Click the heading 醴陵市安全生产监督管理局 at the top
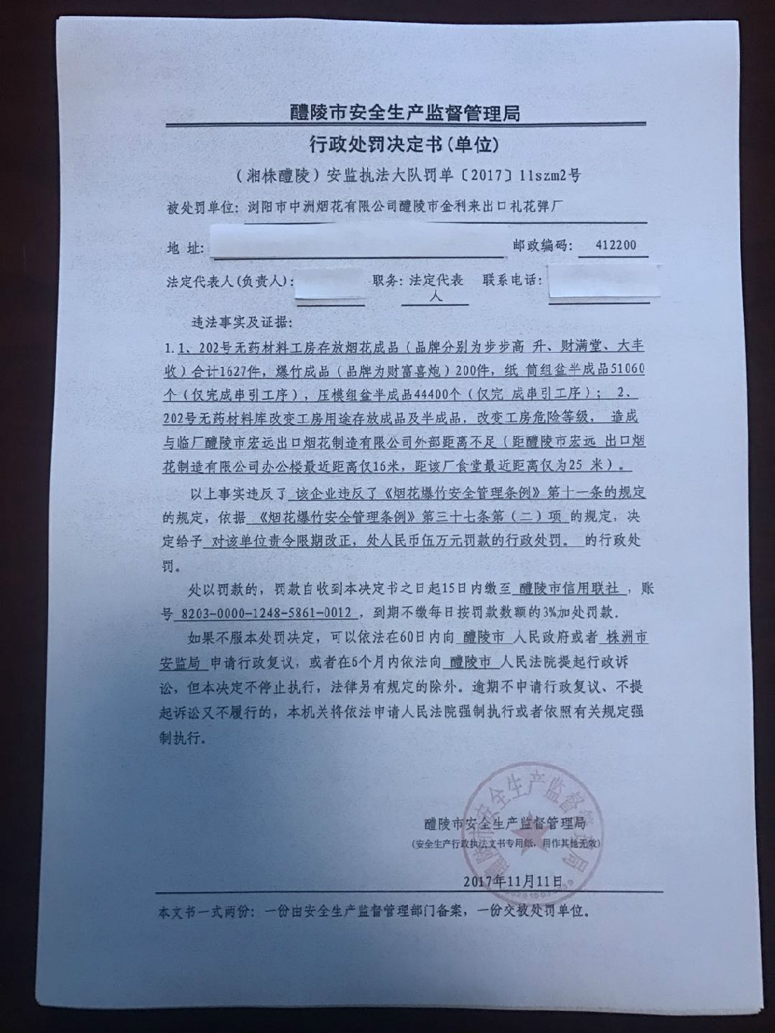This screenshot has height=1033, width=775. point(405,113)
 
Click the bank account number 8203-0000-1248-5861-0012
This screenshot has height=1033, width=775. point(263,612)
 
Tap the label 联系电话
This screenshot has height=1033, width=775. point(511,279)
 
